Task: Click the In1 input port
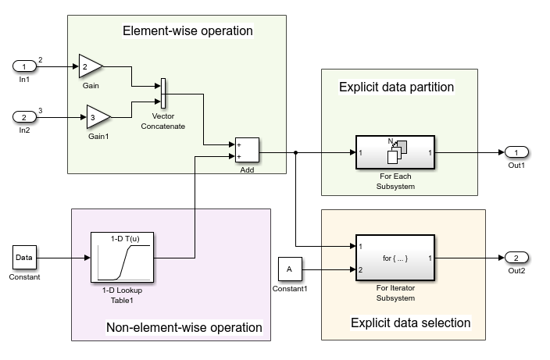23,67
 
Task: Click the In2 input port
23,117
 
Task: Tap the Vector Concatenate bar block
163,94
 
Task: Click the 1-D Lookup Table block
121,257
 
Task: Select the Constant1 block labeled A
289,269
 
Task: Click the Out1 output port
517,151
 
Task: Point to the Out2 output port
517,257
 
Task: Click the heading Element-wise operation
187,31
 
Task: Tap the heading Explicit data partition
396,87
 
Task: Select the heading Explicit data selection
410,323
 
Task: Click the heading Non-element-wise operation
184,327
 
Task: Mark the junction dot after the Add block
296,152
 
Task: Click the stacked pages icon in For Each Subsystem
397,148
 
